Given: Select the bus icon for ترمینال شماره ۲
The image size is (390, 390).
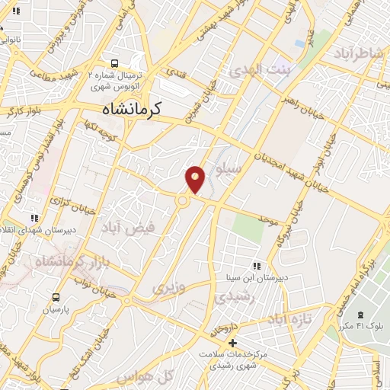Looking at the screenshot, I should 114,64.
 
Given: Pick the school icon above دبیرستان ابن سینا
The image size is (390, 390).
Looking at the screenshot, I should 257,266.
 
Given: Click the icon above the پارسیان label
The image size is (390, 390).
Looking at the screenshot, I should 44,299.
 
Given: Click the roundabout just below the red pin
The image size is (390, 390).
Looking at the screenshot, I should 184,201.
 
